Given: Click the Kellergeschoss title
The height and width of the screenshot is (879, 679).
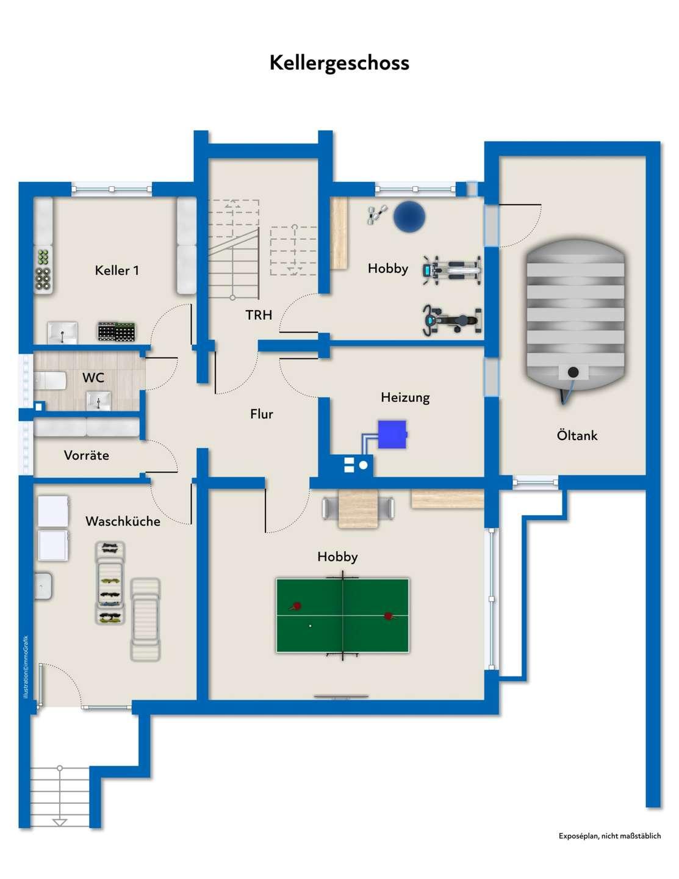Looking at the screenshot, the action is [x=339, y=63].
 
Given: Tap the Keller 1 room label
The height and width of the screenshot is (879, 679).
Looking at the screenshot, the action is [x=117, y=270].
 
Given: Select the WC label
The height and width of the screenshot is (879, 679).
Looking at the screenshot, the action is [x=93, y=378].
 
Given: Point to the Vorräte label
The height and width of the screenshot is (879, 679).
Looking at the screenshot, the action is [x=87, y=455].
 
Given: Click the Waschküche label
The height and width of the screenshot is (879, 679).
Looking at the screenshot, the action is [x=123, y=521].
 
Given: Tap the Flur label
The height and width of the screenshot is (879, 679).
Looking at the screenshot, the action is [x=262, y=414].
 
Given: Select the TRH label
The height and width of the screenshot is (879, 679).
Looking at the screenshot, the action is [x=259, y=315].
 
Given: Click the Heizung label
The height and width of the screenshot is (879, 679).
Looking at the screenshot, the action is [x=405, y=397].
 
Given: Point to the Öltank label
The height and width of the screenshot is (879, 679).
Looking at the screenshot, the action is [x=577, y=436].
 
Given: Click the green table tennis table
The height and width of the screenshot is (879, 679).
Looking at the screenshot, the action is [x=342, y=615].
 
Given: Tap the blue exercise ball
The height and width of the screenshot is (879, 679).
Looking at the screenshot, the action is [x=409, y=217].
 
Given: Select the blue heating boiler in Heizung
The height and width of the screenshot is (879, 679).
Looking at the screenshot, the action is [x=392, y=435].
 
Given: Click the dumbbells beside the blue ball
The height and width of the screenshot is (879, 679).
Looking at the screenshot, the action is [x=376, y=214].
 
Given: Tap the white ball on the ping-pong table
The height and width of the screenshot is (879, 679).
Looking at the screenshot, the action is [x=310, y=626].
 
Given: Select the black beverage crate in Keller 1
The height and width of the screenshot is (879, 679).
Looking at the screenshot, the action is [x=117, y=331].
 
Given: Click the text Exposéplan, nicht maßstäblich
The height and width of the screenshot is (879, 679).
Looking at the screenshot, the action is [x=609, y=836].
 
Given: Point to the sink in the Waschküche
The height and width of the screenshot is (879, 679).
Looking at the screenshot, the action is [x=43, y=586].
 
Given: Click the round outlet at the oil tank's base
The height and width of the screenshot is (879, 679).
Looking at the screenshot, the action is [x=573, y=372].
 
